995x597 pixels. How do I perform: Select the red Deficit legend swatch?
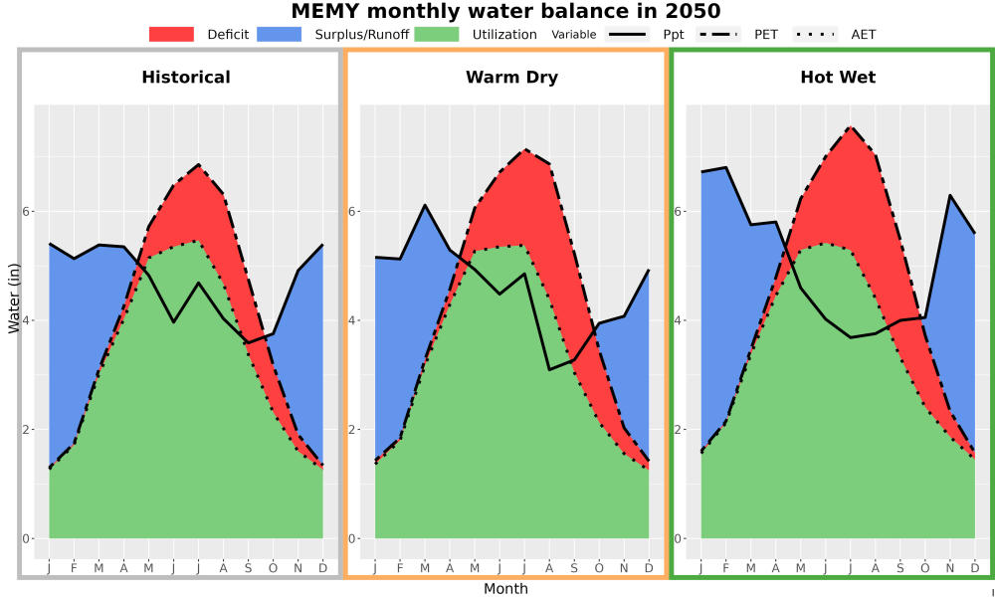point(171,34)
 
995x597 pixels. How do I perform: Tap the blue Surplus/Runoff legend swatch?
point(280,34)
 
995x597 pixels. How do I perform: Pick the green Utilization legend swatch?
point(437,34)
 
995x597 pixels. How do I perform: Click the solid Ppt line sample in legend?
point(626,34)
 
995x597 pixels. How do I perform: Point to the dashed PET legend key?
point(717,34)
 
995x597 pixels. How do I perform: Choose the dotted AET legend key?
point(815,34)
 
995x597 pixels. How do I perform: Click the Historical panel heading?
point(186,78)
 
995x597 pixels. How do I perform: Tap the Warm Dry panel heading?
point(512,78)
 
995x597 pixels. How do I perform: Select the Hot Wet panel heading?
point(838,78)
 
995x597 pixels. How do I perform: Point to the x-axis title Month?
point(505,589)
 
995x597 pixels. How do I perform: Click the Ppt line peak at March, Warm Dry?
point(425,205)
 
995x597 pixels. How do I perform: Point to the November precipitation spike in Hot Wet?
point(950,195)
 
